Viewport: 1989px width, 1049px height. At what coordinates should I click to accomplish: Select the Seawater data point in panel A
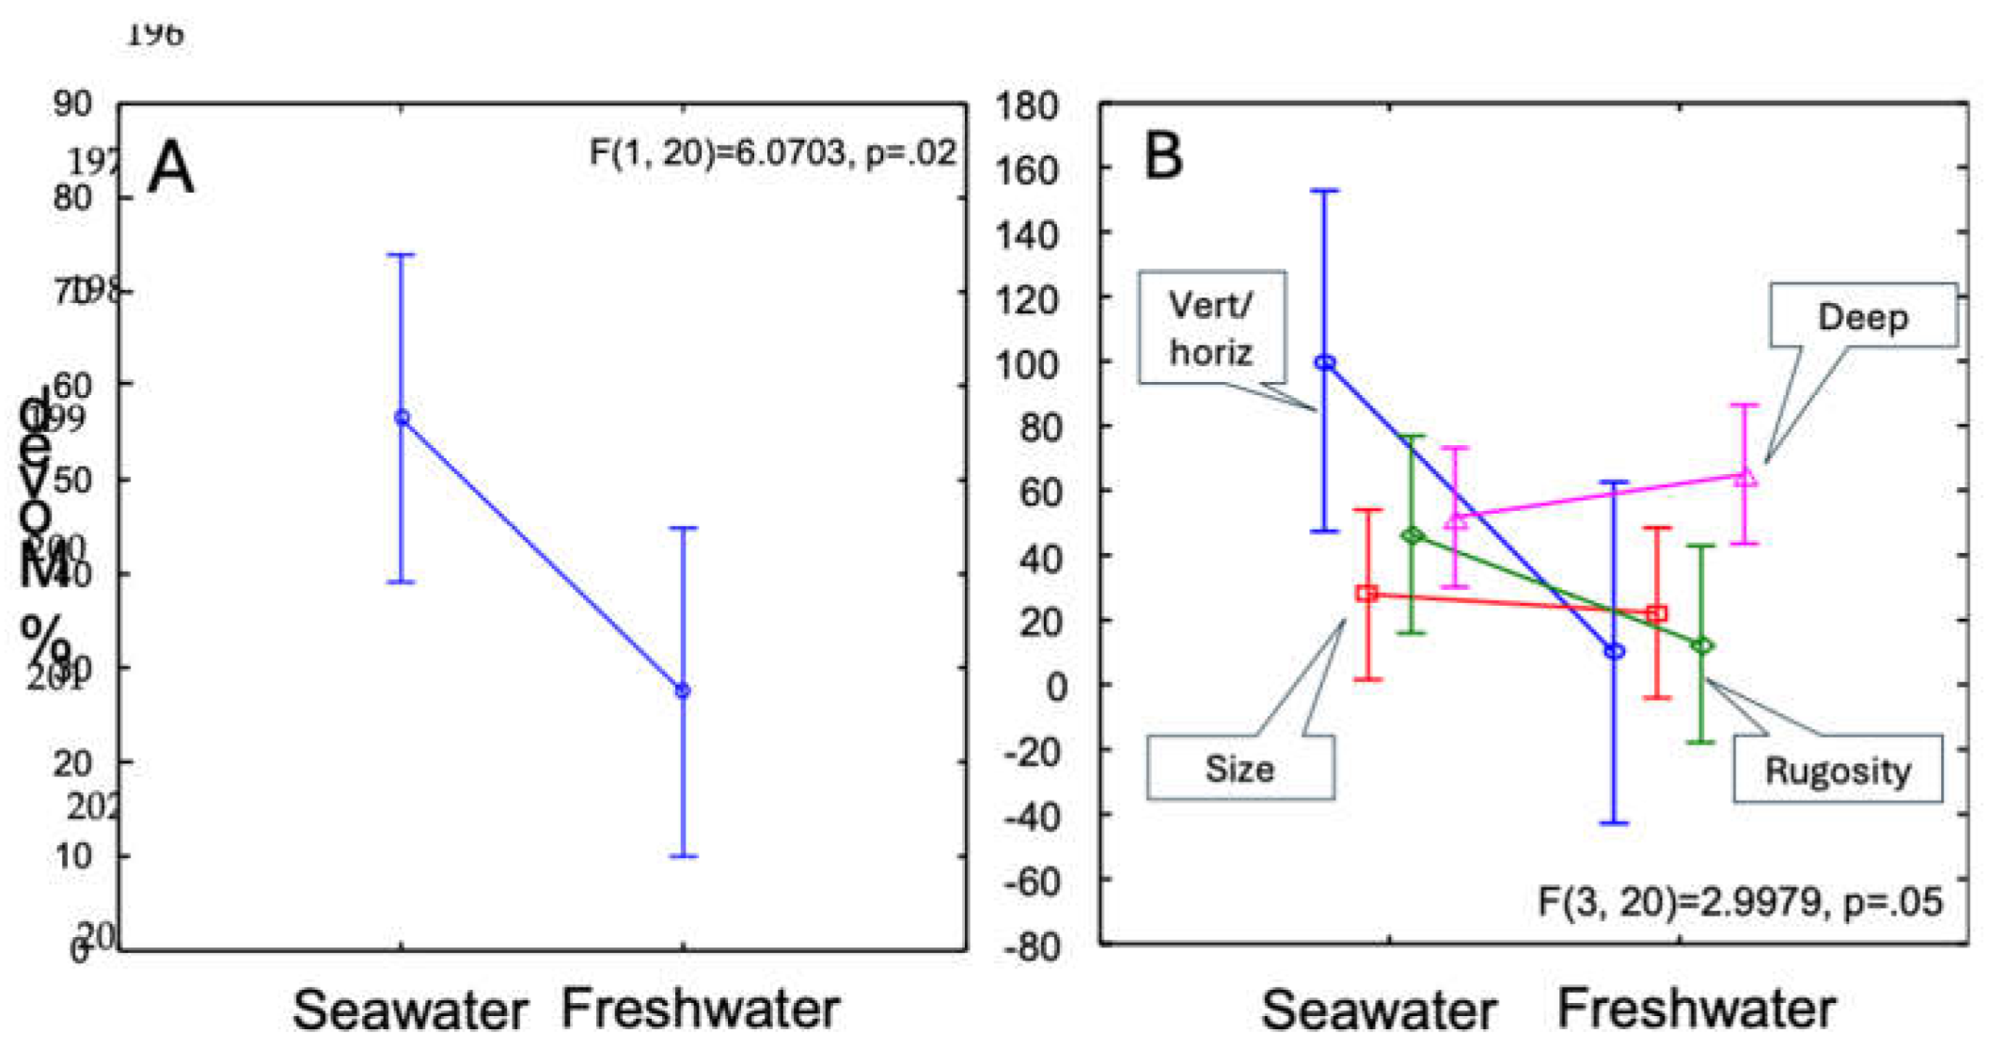tap(402, 418)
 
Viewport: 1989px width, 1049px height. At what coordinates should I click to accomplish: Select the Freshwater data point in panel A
tap(683, 691)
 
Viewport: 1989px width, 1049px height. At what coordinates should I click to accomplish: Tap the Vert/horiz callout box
tap(1211, 327)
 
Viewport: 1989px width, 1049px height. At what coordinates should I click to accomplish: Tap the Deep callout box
tap(1862, 316)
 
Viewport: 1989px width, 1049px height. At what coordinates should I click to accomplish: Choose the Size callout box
tap(1239, 768)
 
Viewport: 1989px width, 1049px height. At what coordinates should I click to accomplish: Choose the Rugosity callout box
tap(1838, 770)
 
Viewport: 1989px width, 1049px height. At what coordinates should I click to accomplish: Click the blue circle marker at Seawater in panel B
tap(1325, 362)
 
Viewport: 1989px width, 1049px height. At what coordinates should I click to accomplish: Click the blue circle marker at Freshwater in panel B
tap(1615, 651)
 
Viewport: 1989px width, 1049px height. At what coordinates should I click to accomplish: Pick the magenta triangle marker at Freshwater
tap(1745, 477)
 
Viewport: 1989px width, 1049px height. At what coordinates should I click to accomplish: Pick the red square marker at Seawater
tap(1367, 594)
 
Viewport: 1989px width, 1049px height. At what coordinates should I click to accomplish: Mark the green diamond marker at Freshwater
tap(1702, 645)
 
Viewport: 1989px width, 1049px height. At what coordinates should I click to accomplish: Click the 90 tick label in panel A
tap(72, 103)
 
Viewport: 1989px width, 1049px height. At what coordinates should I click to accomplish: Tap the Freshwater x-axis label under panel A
tap(700, 1009)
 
